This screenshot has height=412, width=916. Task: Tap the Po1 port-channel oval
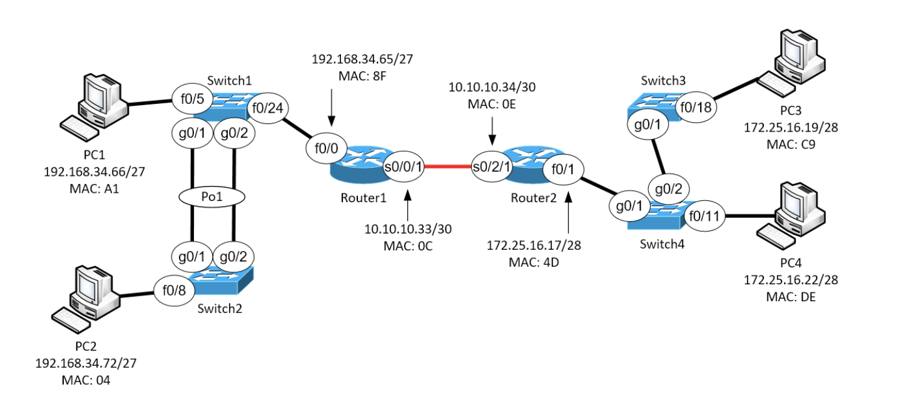(212, 197)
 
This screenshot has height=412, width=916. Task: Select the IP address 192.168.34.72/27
(86, 363)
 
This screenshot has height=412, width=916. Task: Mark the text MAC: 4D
(534, 262)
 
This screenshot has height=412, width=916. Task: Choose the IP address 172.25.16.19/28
(790, 128)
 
